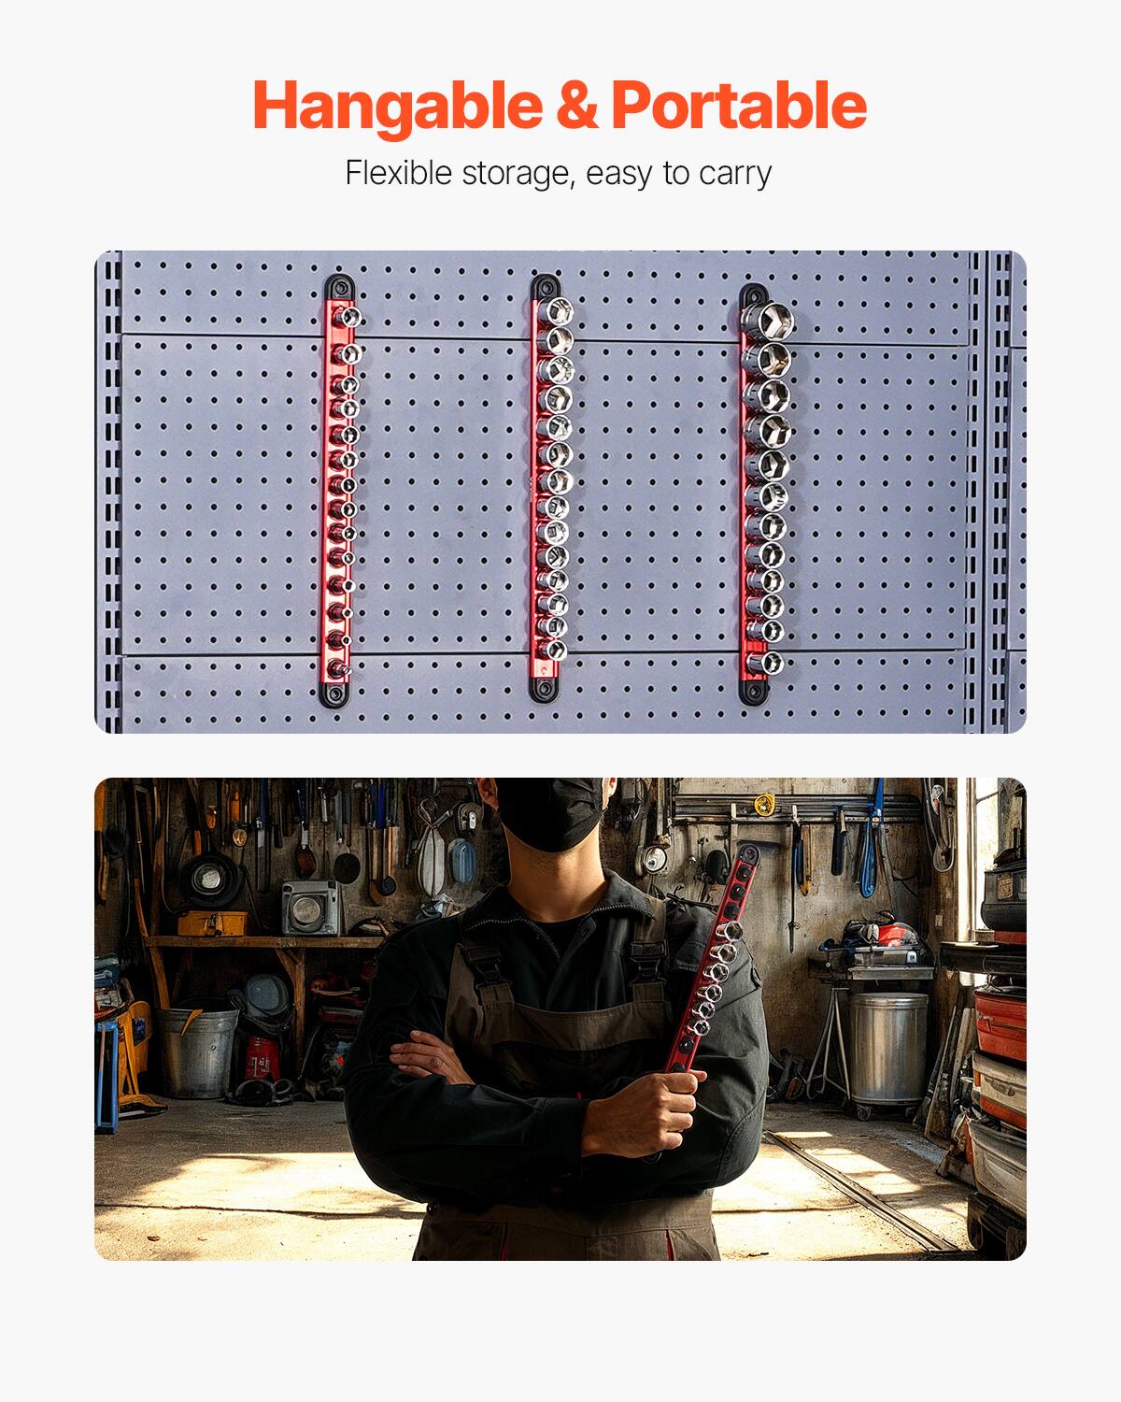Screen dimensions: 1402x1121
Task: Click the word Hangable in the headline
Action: tap(397, 106)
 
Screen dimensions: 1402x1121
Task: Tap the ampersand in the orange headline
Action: tap(577, 106)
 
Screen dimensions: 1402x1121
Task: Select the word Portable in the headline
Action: tap(739, 106)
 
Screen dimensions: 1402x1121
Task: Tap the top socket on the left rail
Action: tap(348, 318)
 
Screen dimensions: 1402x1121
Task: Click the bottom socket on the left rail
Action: tap(341, 669)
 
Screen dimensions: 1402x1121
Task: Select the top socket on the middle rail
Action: tap(558, 312)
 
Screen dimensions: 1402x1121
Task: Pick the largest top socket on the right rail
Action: tap(769, 321)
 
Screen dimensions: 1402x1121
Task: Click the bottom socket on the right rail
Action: tap(768, 663)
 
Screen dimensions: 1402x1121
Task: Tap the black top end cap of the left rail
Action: tap(338, 287)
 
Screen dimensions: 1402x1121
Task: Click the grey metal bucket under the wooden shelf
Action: tap(197, 1051)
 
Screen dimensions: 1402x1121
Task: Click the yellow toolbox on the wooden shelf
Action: tap(212, 923)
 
